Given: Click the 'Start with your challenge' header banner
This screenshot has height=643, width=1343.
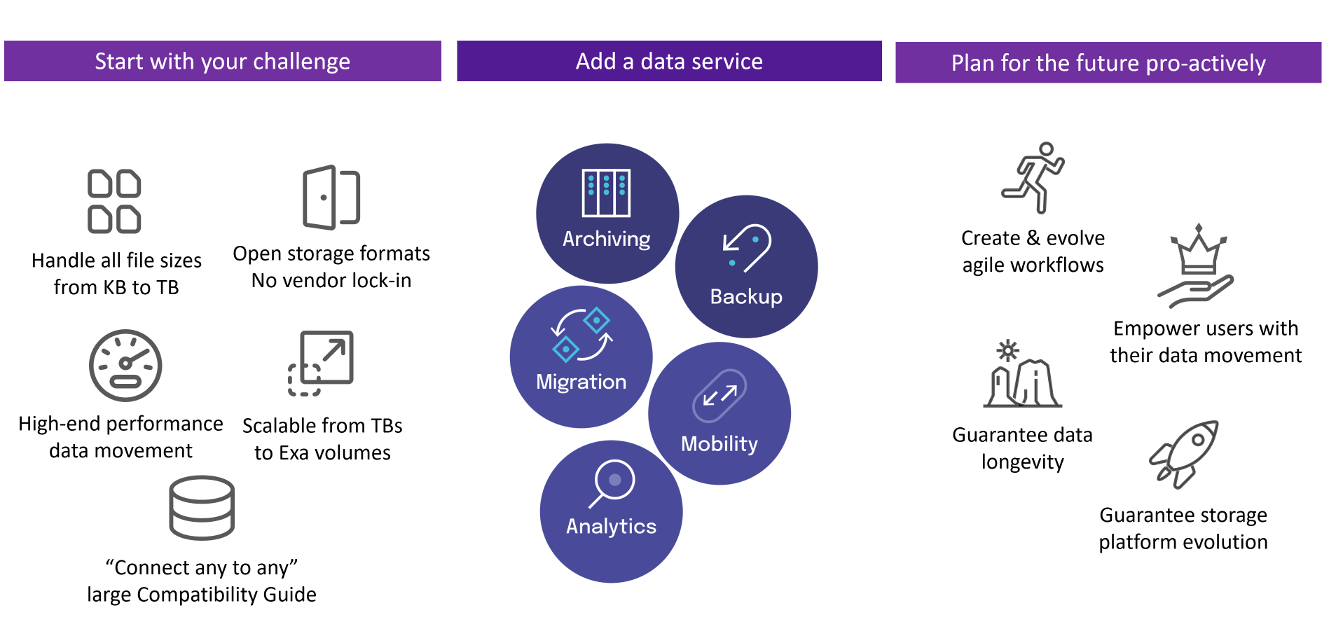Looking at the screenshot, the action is (x=223, y=61).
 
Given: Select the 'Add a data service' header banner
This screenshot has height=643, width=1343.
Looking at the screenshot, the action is (x=669, y=61).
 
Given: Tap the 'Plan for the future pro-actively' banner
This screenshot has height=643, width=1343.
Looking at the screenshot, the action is (x=1108, y=62).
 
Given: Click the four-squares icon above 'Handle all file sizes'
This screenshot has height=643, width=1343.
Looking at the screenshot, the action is (x=114, y=201).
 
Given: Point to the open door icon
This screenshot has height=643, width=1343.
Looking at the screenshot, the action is (x=331, y=198).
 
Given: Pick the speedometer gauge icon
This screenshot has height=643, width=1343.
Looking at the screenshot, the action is (x=125, y=365).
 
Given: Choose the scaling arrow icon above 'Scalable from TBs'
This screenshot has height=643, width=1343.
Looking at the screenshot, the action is (x=321, y=363).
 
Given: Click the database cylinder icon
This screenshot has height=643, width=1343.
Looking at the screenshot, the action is (x=202, y=508).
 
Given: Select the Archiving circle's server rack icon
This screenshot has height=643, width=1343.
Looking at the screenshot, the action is (x=606, y=193).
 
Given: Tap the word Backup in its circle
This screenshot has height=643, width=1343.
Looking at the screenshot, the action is (x=746, y=297).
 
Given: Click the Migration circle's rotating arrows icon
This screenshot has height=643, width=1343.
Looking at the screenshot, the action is (x=581, y=335).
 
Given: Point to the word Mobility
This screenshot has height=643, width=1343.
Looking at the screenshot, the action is (x=719, y=444).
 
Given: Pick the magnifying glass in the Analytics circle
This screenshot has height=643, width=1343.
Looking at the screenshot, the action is (x=612, y=483).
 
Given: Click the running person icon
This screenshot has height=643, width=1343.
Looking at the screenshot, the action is (x=1033, y=178).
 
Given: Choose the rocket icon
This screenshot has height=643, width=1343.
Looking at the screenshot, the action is (x=1184, y=454).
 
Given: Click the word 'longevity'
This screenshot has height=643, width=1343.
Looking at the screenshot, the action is (x=1023, y=462).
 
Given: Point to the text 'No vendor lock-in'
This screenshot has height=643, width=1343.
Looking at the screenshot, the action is (x=331, y=281).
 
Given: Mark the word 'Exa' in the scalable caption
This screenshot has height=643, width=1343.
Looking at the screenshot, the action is (x=294, y=453).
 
